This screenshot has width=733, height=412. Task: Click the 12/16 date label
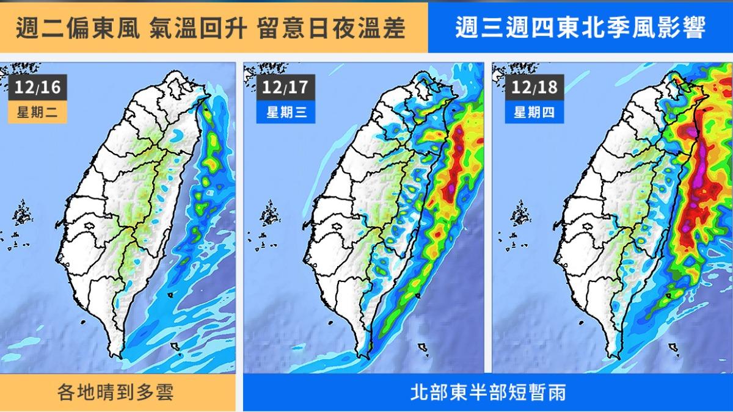coord(38,88)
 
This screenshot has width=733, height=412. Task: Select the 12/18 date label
coord(535,88)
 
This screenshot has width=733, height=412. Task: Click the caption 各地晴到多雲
coord(117,392)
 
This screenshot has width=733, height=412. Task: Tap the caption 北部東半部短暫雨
coord(487,392)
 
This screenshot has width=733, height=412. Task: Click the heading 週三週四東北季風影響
coord(580,28)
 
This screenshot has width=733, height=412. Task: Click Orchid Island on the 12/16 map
coord(176,347)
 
